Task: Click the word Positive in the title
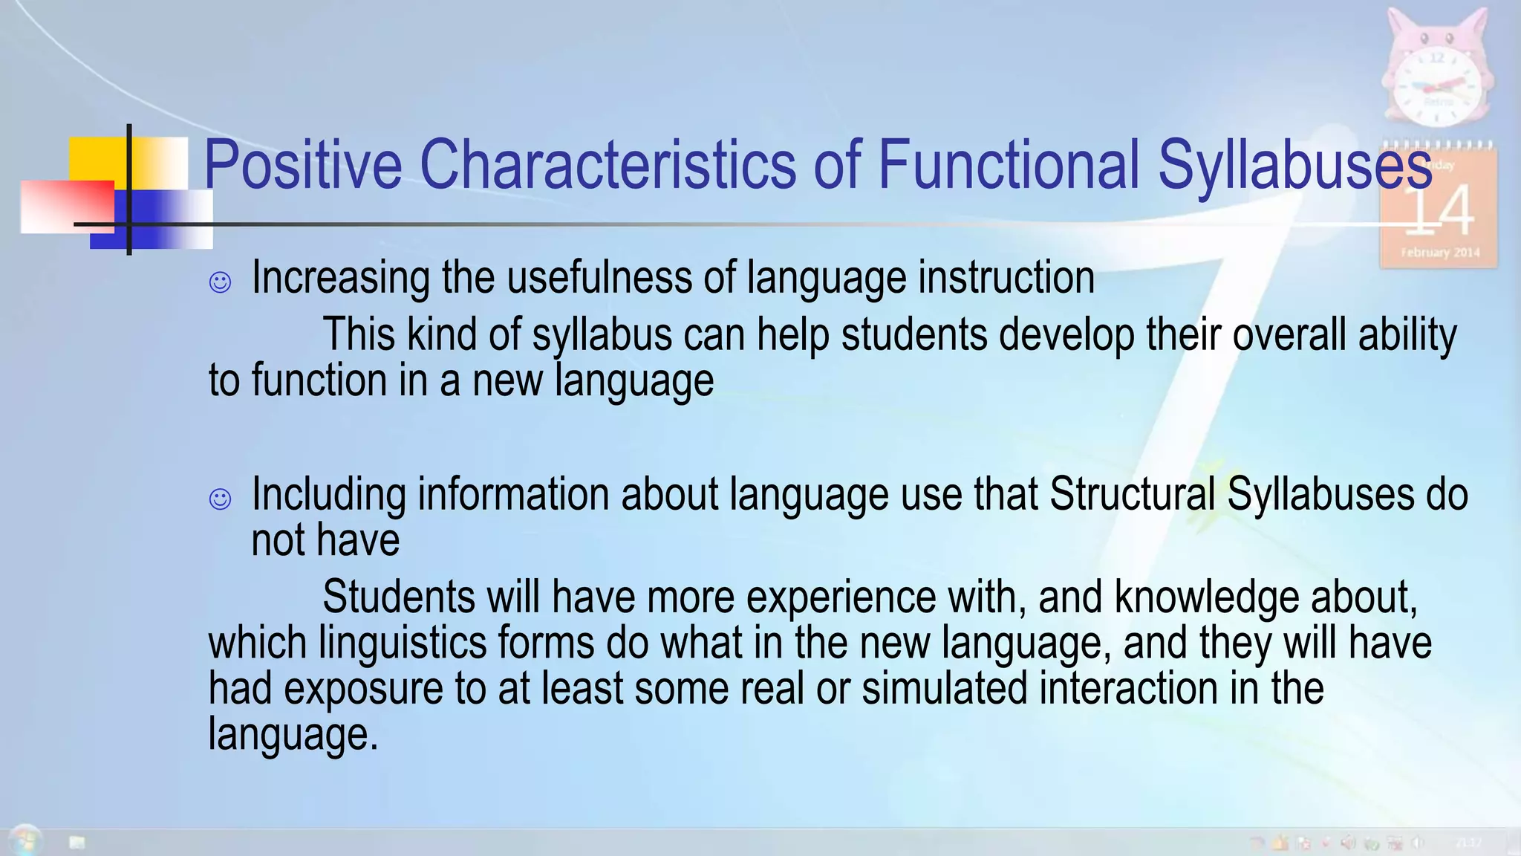pos(302,165)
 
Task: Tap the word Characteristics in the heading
pos(608,165)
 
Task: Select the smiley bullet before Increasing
pos(220,282)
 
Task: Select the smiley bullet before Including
pos(220,499)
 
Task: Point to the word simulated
pos(945,689)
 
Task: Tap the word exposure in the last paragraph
pos(363,689)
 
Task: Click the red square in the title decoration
pos(67,207)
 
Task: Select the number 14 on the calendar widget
pos(1439,210)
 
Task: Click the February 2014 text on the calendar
pos(1440,253)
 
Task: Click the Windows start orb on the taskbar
pos(25,841)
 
